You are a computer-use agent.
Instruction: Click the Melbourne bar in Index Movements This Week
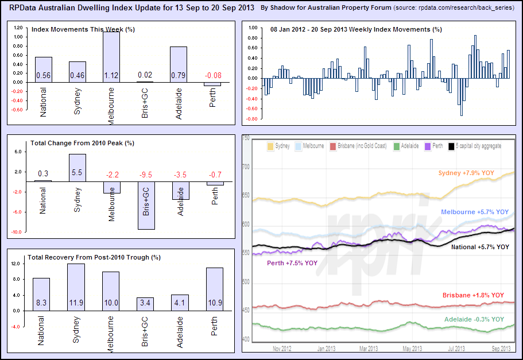point(111,57)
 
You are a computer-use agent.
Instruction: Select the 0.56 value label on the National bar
point(44,75)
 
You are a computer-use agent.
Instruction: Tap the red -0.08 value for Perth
point(212,75)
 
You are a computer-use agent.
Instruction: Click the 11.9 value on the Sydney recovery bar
point(76,303)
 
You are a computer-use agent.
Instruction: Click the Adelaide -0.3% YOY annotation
point(474,319)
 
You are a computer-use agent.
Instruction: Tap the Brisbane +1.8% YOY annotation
point(473,295)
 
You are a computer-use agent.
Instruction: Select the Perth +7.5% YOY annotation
point(292,263)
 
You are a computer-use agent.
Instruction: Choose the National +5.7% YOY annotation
point(480,247)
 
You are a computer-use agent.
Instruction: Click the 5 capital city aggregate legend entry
point(478,146)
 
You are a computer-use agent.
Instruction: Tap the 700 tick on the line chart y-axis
point(247,167)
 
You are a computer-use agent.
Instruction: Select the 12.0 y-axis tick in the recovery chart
point(16,264)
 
